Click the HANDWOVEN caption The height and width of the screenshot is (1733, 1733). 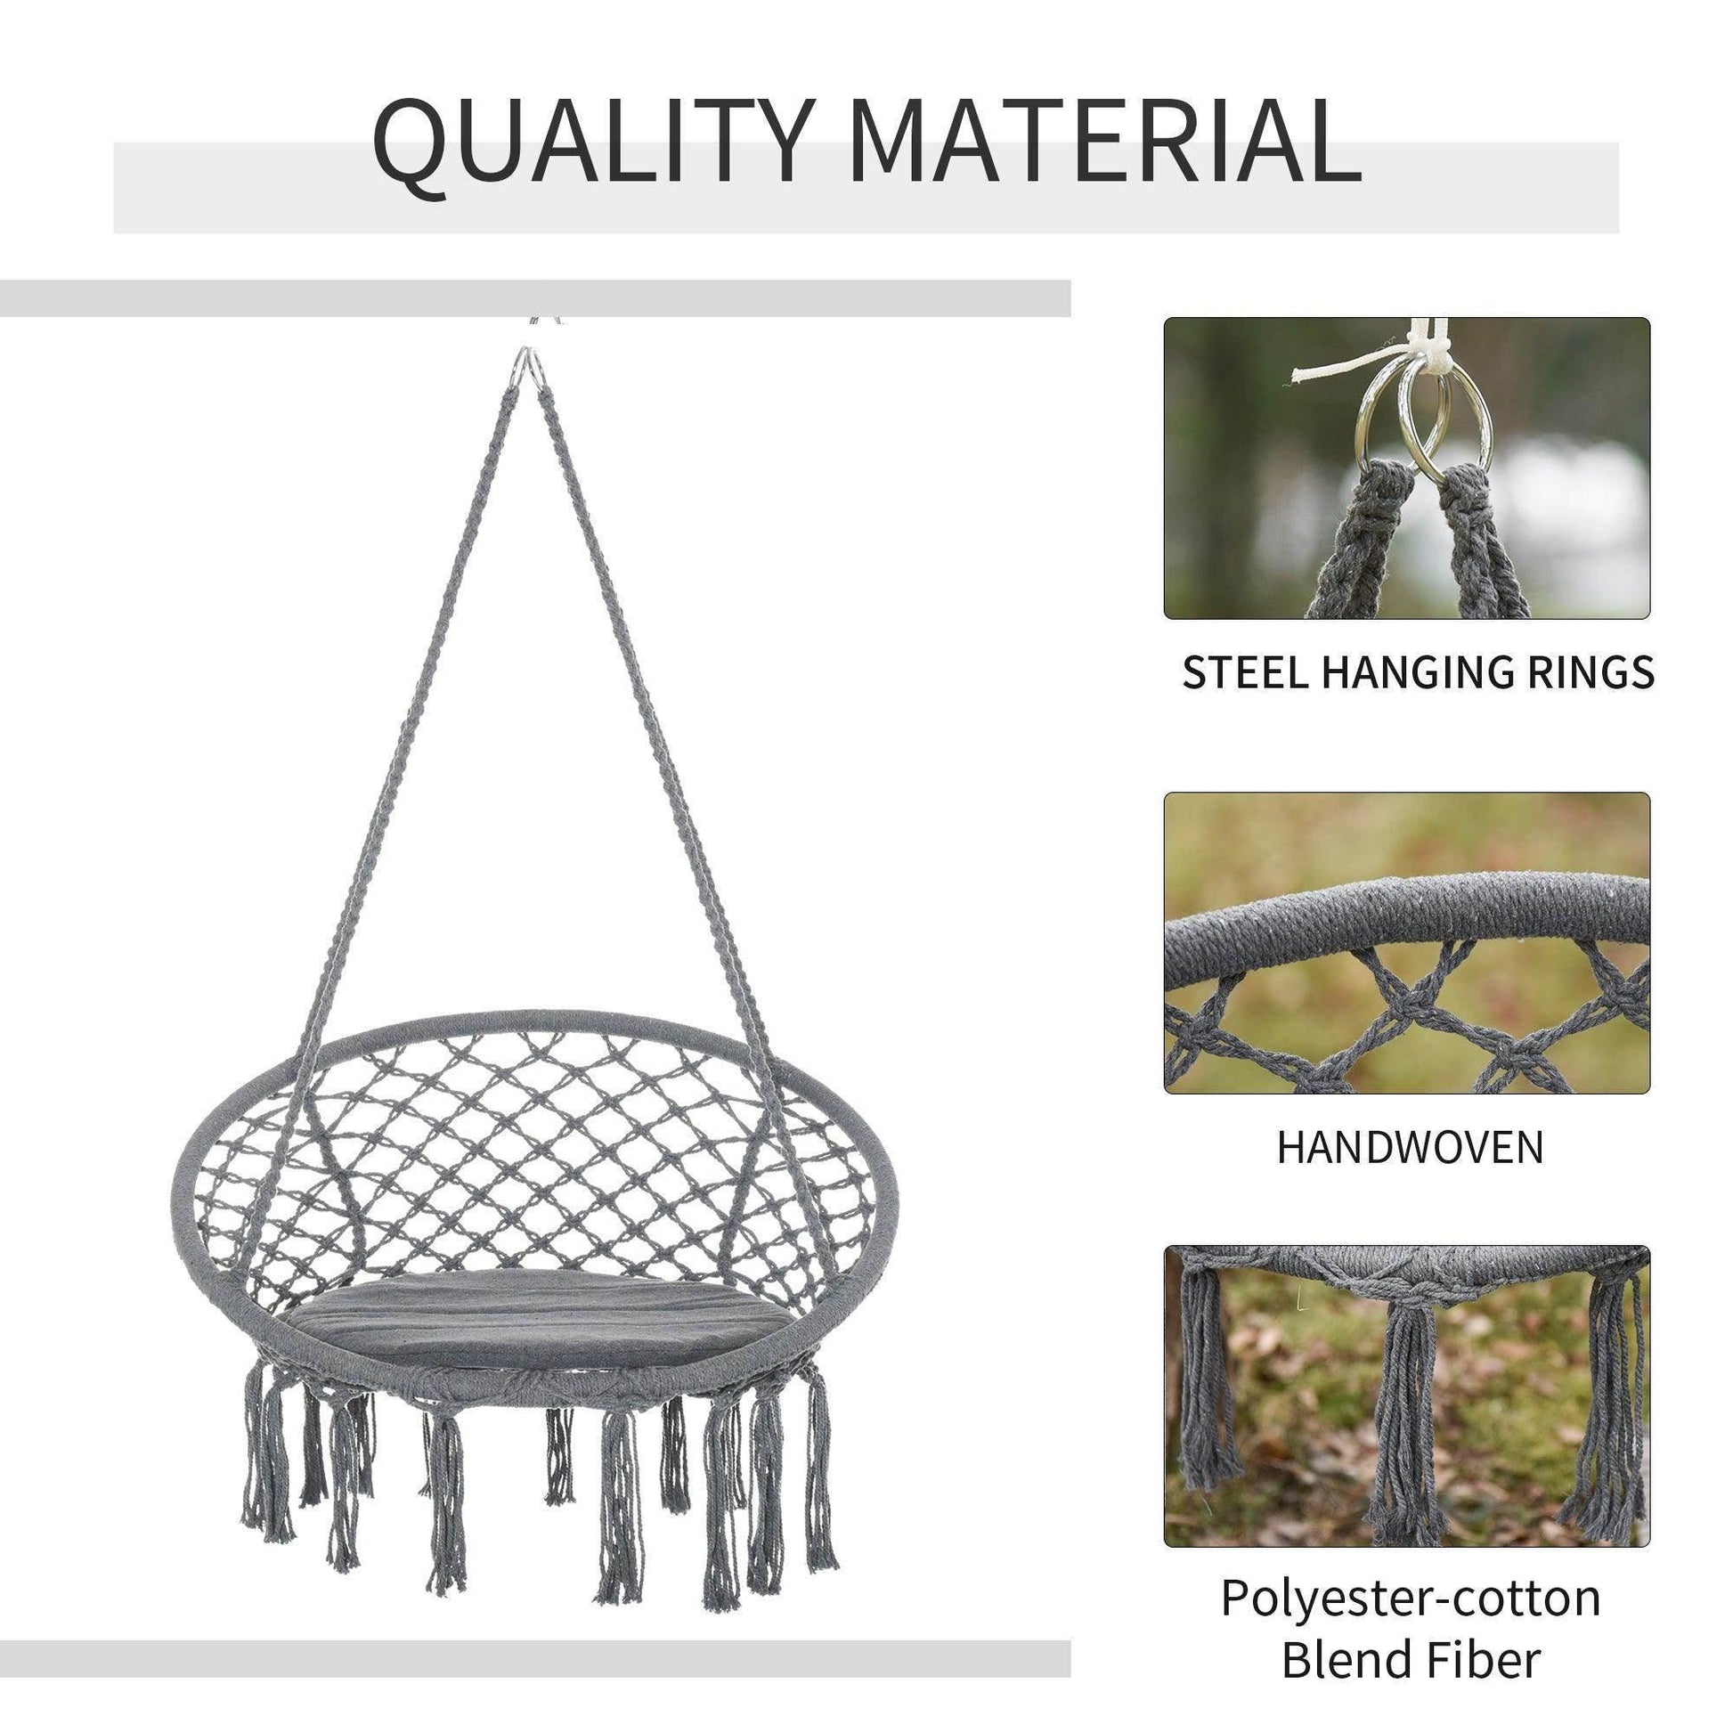tap(1410, 1147)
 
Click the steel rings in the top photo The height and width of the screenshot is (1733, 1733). tap(1427, 421)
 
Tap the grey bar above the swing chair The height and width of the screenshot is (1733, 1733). tap(534, 297)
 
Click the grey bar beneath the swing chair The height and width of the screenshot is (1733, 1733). tap(534, 1633)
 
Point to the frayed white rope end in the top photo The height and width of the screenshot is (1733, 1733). tap(1301, 377)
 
